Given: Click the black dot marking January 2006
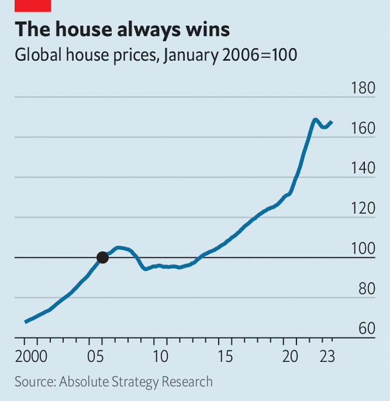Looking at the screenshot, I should [x=102, y=258].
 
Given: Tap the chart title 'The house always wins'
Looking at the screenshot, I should [x=122, y=29].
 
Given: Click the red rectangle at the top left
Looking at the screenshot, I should [x=33, y=5].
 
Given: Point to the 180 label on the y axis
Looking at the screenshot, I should [x=363, y=88].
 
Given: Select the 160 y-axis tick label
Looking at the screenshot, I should [x=363, y=129].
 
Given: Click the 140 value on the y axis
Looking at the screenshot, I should [x=363, y=168].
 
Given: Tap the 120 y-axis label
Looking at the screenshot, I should [x=363, y=209].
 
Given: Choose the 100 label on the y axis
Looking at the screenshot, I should [x=363, y=249].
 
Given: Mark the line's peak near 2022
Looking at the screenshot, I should [x=315, y=119].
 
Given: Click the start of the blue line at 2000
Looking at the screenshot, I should [x=26, y=322].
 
